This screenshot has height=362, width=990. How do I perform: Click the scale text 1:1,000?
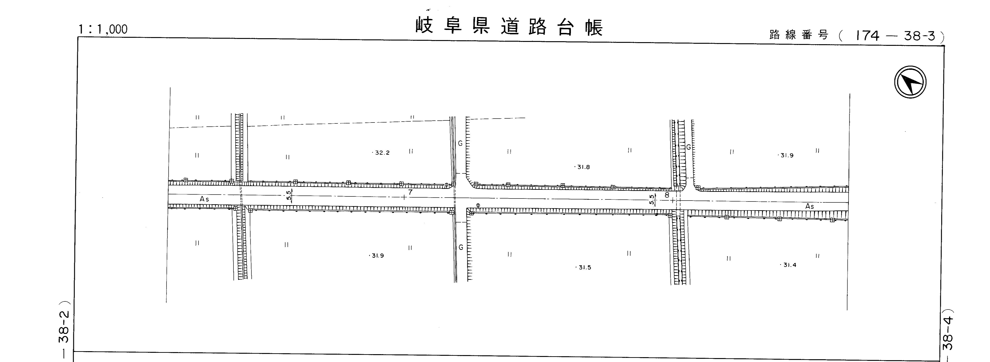(103, 29)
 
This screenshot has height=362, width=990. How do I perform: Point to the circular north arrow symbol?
(910, 82)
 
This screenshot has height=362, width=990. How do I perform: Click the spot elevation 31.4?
(789, 265)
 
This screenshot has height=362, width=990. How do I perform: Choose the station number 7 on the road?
(410, 192)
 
